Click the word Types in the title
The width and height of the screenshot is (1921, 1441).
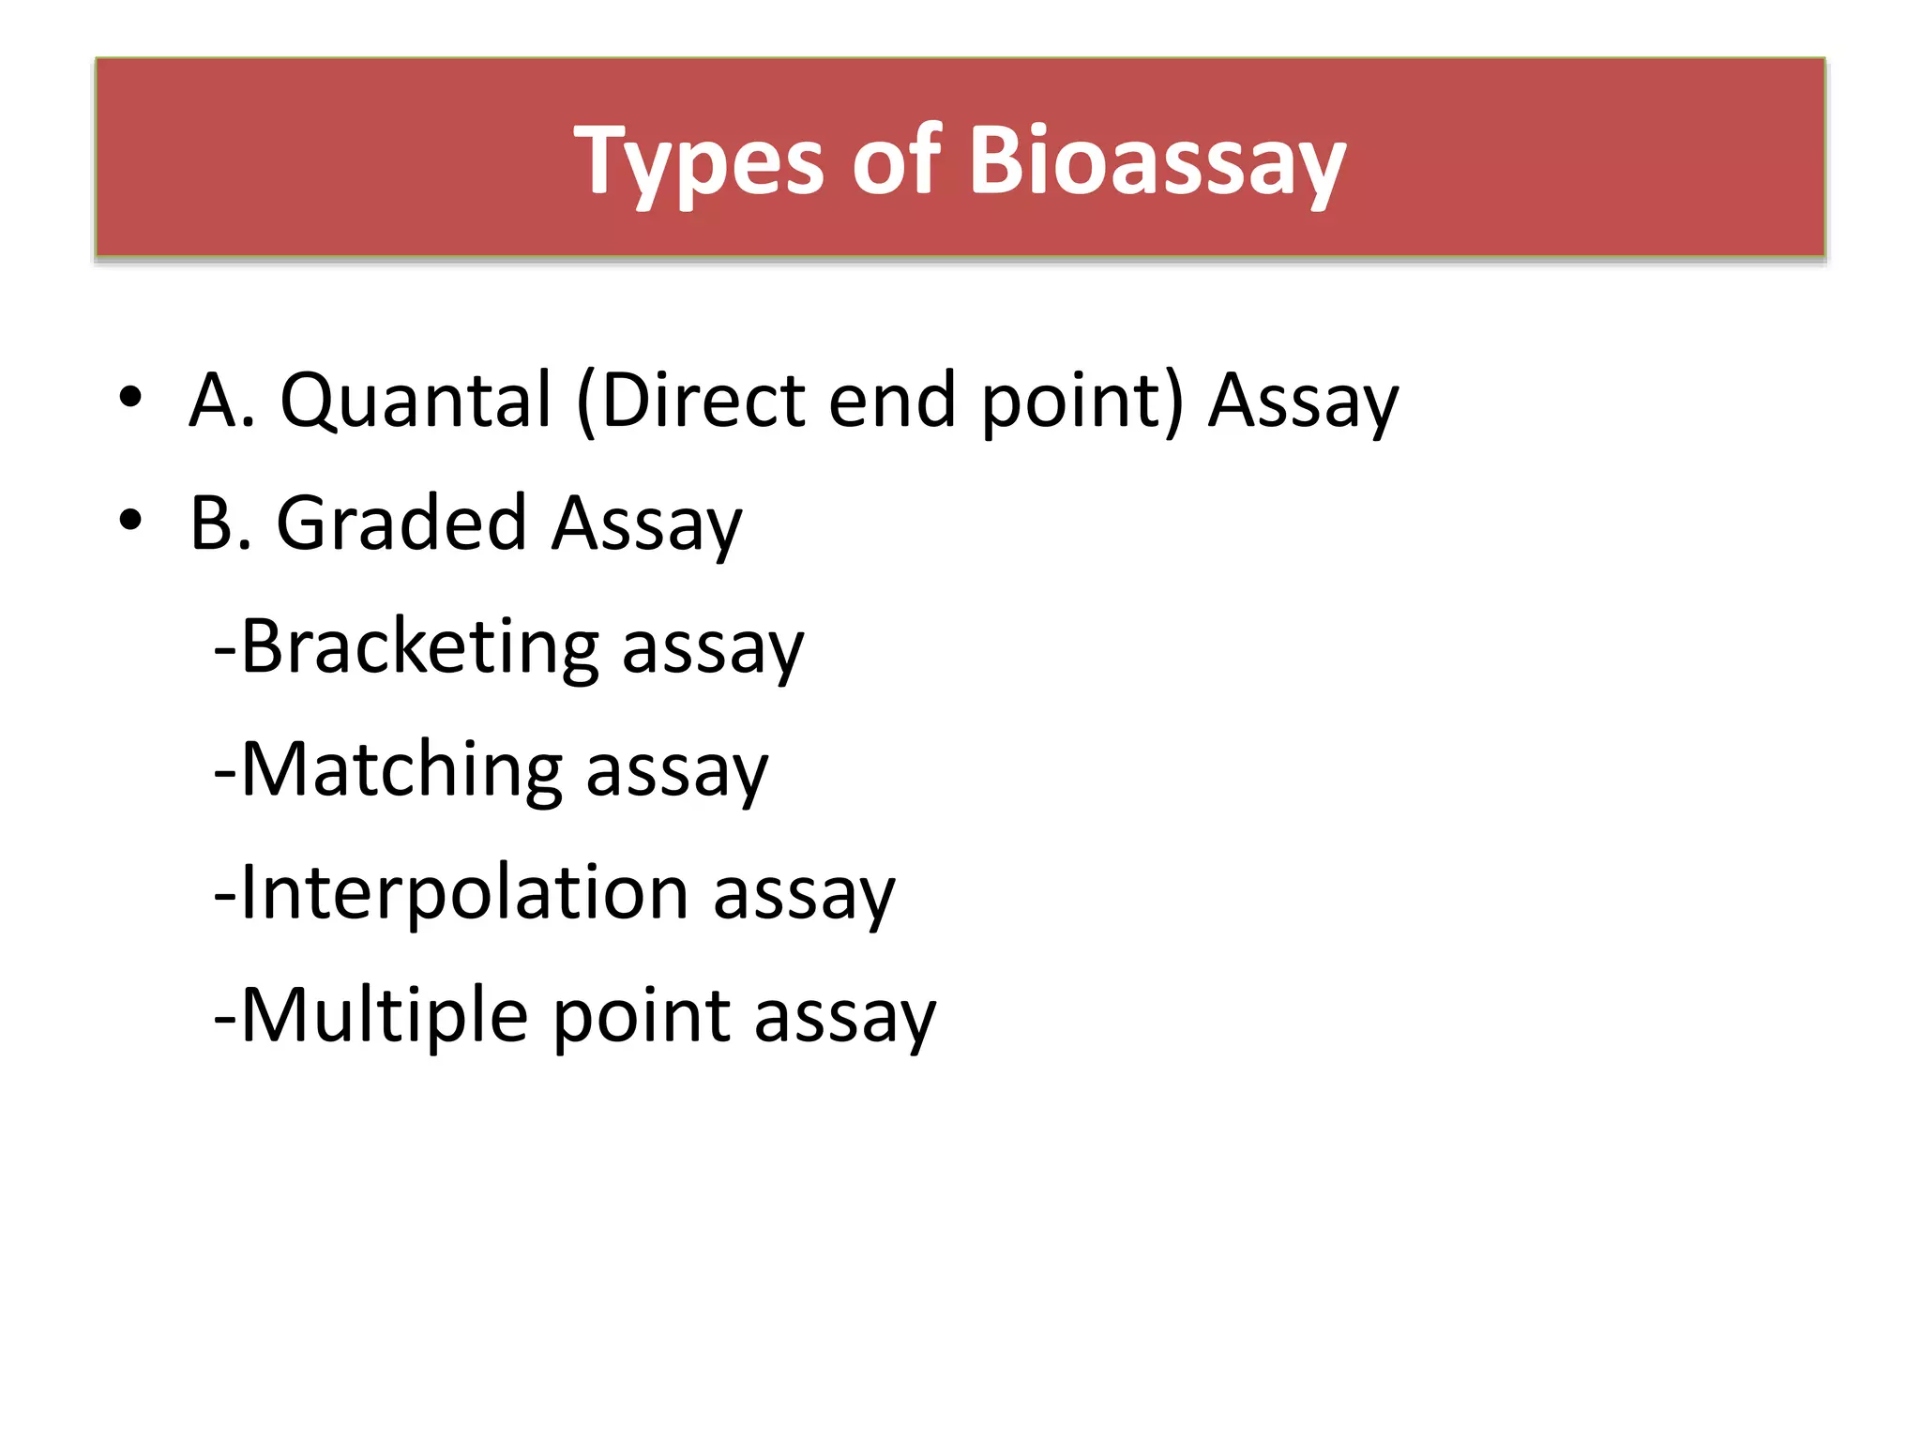(x=699, y=161)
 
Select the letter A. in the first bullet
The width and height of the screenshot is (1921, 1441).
(x=221, y=401)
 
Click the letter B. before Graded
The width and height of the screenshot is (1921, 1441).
(x=220, y=523)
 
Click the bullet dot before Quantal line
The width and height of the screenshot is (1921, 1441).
(x=130, y=397)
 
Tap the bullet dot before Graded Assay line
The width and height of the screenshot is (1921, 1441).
(x=130, y=520)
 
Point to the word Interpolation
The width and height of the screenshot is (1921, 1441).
(x=465, y=892)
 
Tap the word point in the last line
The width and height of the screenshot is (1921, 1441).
(x=642, y=1015)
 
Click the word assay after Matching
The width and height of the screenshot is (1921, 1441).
(x=676, y=774)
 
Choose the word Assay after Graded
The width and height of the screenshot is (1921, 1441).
(x=646, y=523)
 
